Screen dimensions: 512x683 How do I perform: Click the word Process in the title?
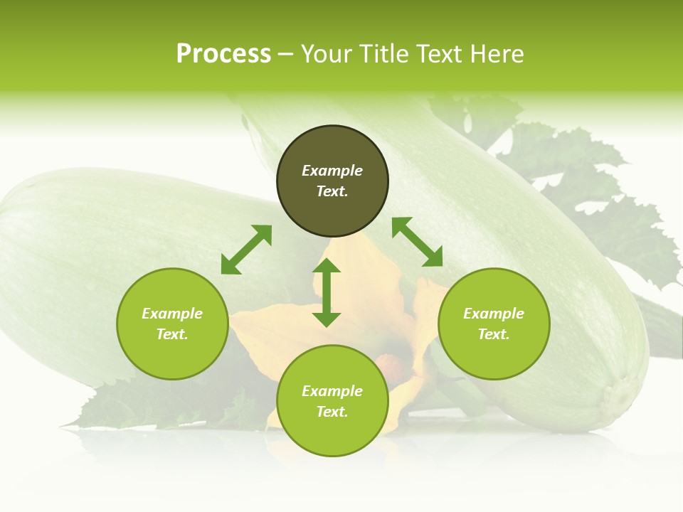(223, 54)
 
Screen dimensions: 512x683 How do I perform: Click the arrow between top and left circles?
(246, 250)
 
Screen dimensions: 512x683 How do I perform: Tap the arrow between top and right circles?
(417, 242)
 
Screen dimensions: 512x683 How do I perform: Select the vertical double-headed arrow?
(327, 292)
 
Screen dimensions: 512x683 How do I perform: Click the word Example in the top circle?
(332, 171)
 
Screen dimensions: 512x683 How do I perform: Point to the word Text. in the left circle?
(172, 334)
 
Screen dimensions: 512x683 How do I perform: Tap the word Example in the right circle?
(494, 314)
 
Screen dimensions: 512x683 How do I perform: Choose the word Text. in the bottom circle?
(332, 412)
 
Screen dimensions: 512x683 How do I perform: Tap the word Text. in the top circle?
(332, 191)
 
